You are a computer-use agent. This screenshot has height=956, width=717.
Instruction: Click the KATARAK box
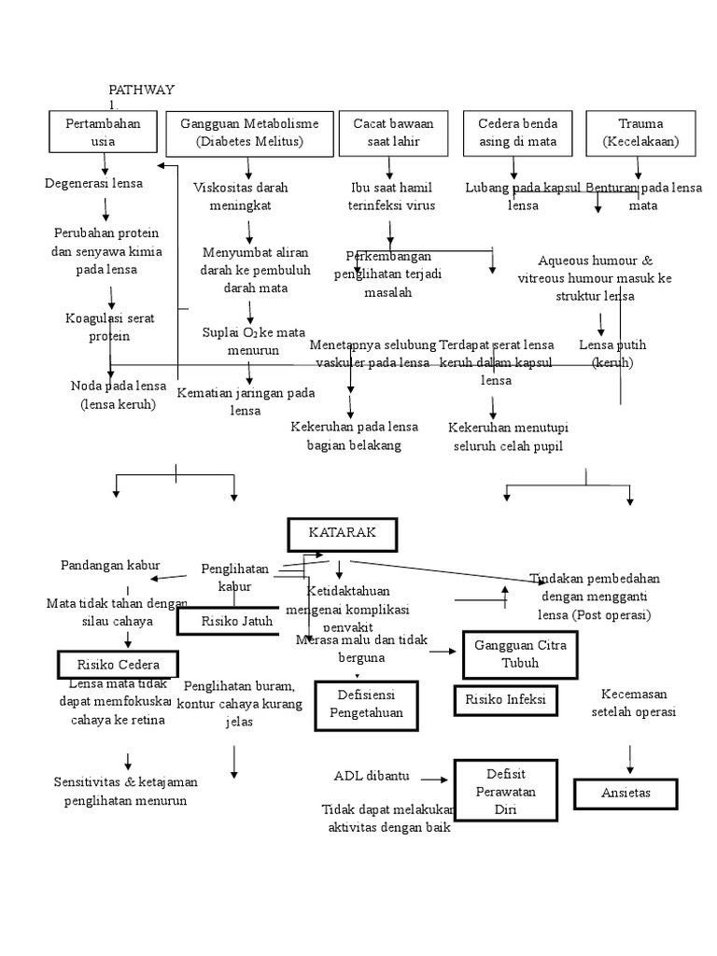point(342,534)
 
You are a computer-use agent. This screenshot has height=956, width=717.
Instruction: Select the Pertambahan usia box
point(103,132)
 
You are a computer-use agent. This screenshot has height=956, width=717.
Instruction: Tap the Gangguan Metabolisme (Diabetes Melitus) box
point(249,133)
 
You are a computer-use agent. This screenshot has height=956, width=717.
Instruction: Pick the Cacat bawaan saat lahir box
point(386,133)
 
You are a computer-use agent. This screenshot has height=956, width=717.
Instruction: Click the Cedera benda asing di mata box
point(517,133)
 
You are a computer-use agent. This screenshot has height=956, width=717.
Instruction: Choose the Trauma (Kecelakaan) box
point(640,133)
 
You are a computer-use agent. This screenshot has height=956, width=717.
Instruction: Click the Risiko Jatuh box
point(228,621)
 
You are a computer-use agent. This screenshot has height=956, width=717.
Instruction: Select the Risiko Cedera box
point(116,665)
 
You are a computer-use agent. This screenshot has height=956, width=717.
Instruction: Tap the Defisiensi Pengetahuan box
point(366,705)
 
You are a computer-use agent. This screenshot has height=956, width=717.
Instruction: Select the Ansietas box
point(626,793)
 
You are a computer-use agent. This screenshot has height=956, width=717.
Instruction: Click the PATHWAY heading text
point(141,89)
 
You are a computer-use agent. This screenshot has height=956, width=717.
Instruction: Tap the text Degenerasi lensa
point(93,183)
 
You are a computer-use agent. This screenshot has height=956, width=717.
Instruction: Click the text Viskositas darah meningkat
point(241,196)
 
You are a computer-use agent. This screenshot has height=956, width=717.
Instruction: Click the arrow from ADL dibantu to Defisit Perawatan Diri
point(434,777)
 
